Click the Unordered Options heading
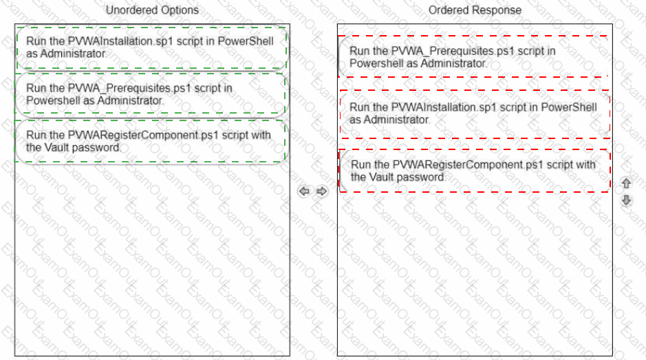pyautogui.click(x=152, y=10)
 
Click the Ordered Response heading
pyautogui.click(x=475, y=10)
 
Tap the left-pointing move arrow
pyautogui.click(x=304, y=191)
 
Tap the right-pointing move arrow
pyautogui.click(x=322, y=191)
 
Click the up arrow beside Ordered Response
pyautogui.click(x=626, y=183)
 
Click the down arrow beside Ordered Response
pyautogui.click(x=626, y=200)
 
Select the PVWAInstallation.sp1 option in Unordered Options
pyautogui.click(x=151, y=47)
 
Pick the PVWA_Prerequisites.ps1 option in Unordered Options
pyautogui.click(x=151, y=94)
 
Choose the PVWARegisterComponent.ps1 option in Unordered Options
pyautogui.click(x=151, y=141)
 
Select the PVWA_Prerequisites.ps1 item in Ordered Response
pyautogui.click(x=474, y=57)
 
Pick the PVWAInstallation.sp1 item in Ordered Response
pyautogui.click(x=475, y=114)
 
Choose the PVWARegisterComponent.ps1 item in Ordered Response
pyautogui.click(x=475, y=171)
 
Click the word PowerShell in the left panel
pyautogui.click(x=246, y=41)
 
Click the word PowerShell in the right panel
pyautogui.click(x=569, y=107)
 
